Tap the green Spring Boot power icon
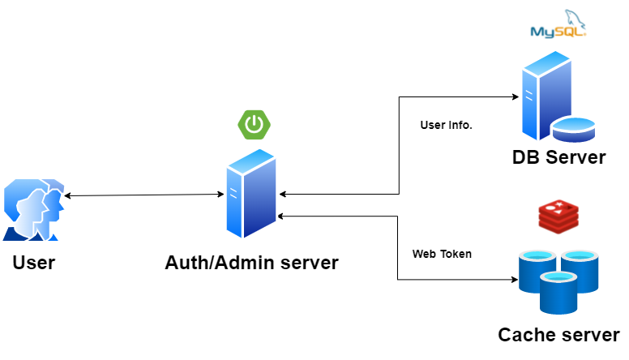point(254,124)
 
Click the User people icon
point(32,210)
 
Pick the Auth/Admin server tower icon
point(251,195)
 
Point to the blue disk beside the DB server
point(575,128)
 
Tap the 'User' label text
point(33,263)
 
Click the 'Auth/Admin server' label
point(251,263)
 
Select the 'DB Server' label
point(558,157)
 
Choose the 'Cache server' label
point(558,335)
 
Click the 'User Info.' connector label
point(446,126)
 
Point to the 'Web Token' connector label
point(442,254)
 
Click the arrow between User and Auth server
point(144,195)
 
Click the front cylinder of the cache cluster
point(559,292)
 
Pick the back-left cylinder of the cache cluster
point(537,269)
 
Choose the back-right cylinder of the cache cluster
point(580,269)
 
